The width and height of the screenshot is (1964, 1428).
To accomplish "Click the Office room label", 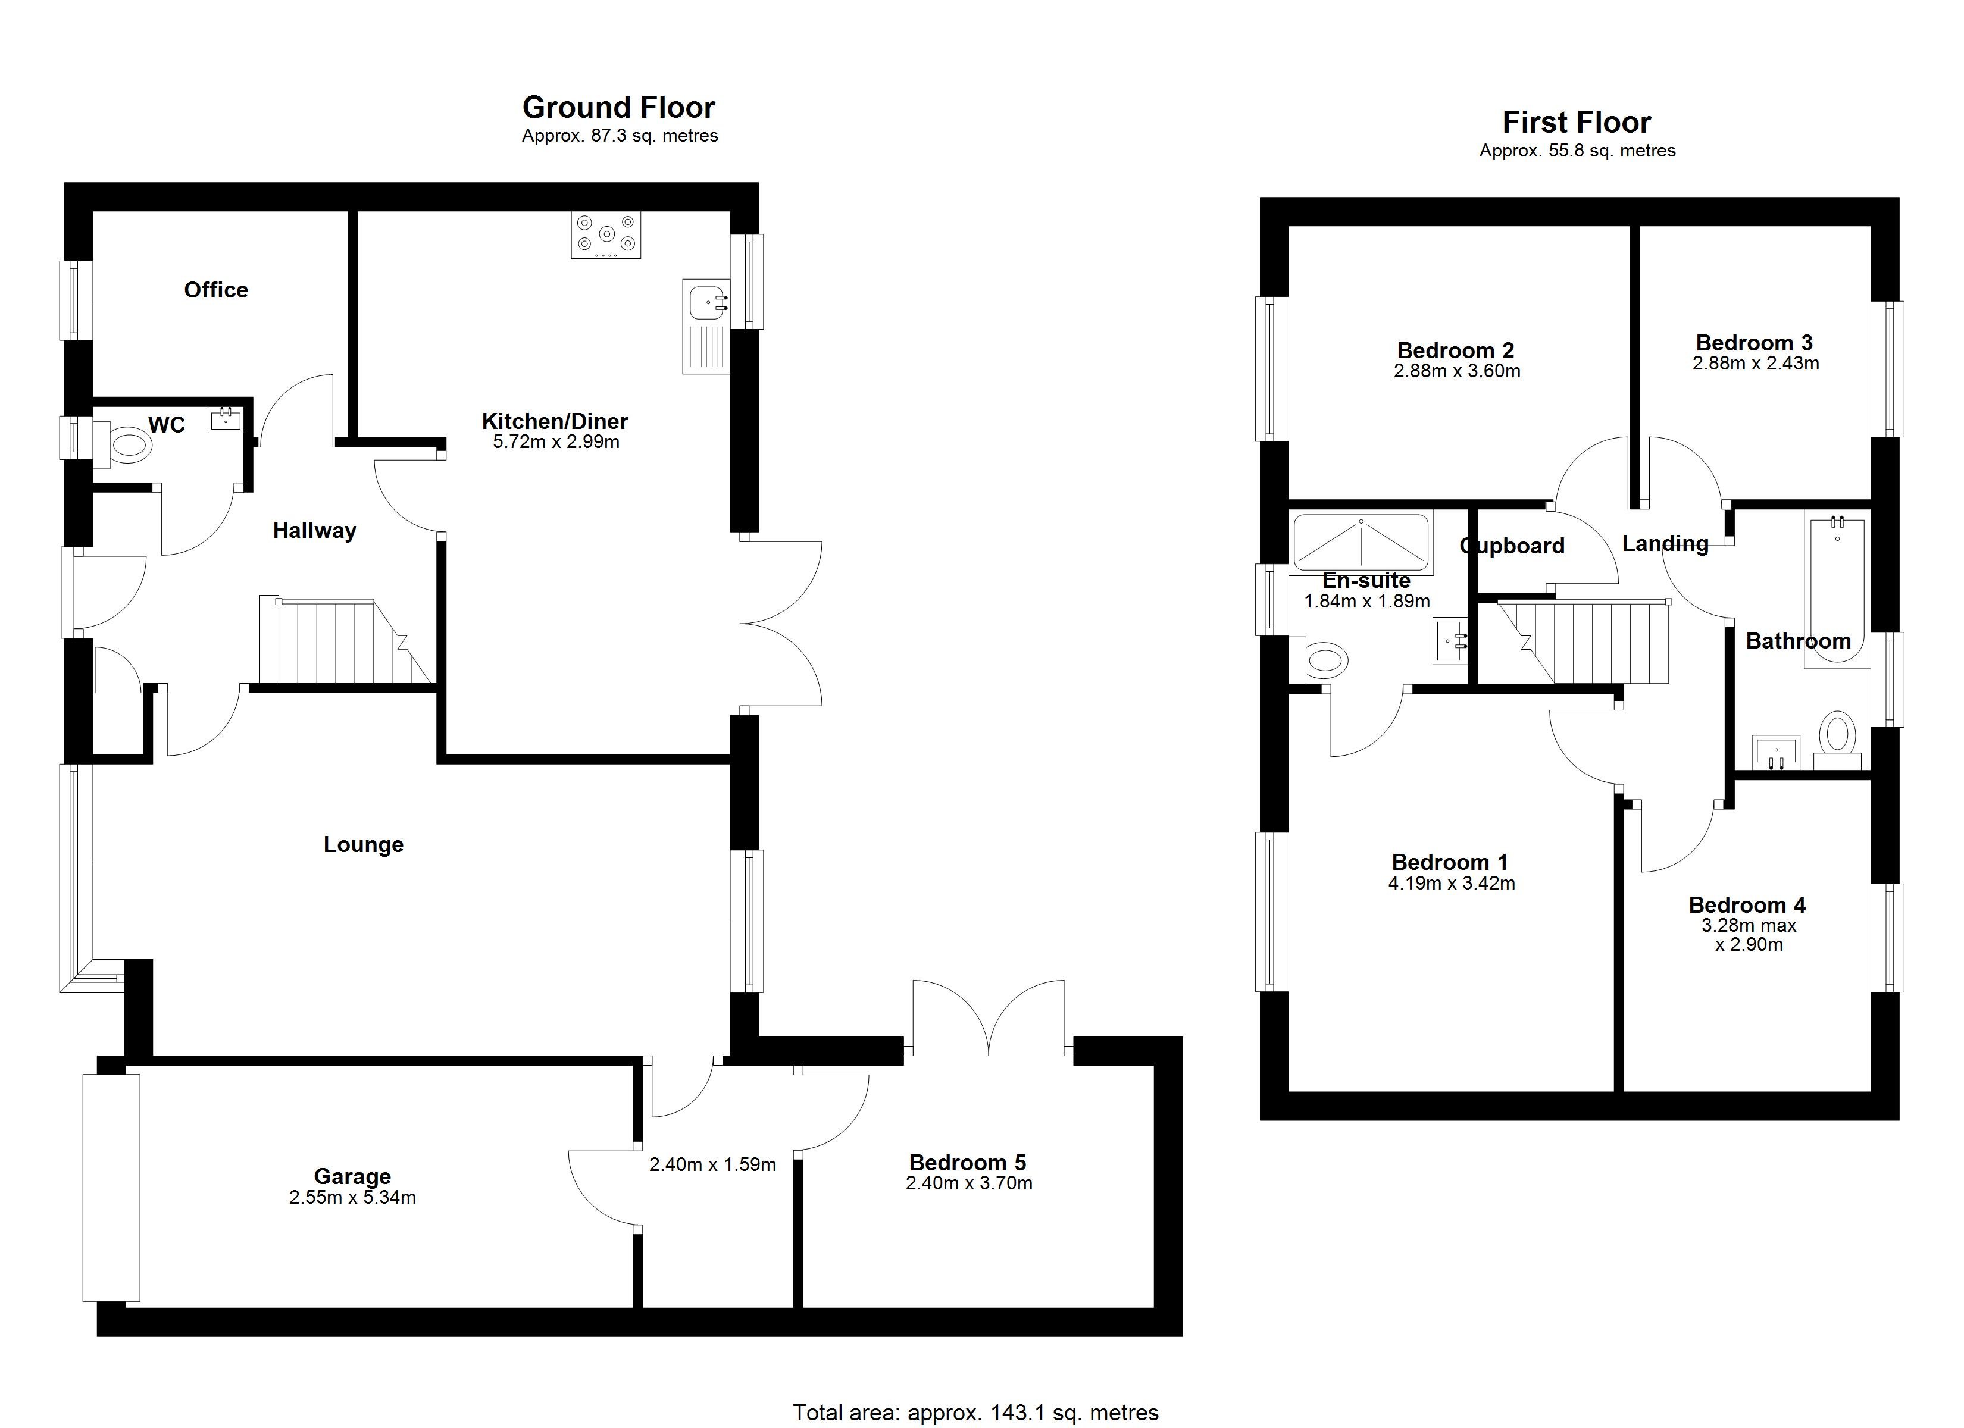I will click(x=215, y=290).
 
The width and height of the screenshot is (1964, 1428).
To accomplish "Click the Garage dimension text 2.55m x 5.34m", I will click(x=352, y=1198).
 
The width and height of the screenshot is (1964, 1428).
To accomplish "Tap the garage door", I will click(x=111, y=1187).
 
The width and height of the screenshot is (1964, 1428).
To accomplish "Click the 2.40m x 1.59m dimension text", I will click(x=712, y=1165).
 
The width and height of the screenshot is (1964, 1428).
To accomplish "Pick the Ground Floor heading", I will click(x=618, y=107).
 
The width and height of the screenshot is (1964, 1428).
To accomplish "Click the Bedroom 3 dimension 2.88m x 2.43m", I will click(x=1755, y=364).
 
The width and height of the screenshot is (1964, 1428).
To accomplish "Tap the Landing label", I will click(x=1665, y=544).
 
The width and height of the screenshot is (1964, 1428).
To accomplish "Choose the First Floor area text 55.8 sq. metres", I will click(x=1577, y=151).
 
